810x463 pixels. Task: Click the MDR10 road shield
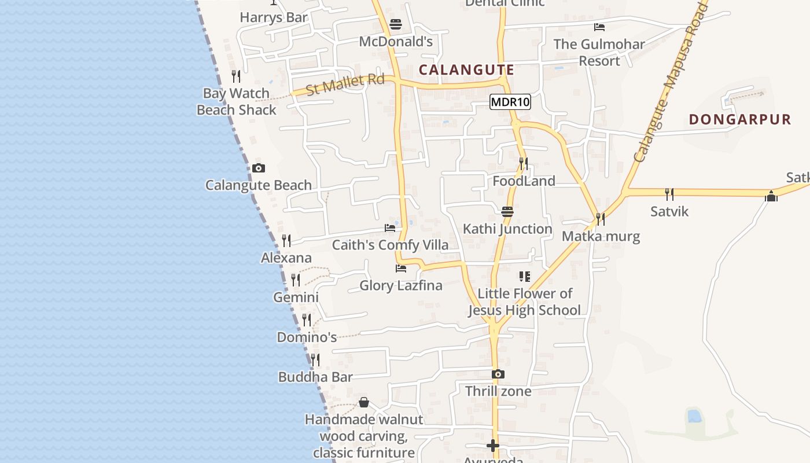coord(510,102)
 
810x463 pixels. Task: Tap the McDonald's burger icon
coord(396,24)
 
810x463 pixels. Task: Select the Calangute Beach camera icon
coord(259,168)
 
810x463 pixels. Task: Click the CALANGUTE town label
coord(466,70)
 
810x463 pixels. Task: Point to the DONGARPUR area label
coord(740,120)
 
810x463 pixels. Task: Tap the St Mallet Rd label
coord(345,84)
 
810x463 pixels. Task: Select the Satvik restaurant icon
coord(669,194)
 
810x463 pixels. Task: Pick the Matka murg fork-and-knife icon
coord(601,219)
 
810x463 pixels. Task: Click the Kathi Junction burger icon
coord(507,212)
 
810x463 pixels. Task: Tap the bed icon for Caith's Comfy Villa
coord(390,228)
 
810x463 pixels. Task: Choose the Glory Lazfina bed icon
coord(400,269)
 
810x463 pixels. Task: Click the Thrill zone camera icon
coord(498,374)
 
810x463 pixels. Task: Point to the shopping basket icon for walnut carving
coord(364,402)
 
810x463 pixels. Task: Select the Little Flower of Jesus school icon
coord(525,277)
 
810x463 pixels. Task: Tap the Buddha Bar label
coord(315,377)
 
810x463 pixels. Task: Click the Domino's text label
coord(307,337)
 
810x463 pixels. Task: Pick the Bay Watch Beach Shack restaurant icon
coord(236,76)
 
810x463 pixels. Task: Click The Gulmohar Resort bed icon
coord(599,27)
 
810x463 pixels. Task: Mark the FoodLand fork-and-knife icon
coord(524,164)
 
